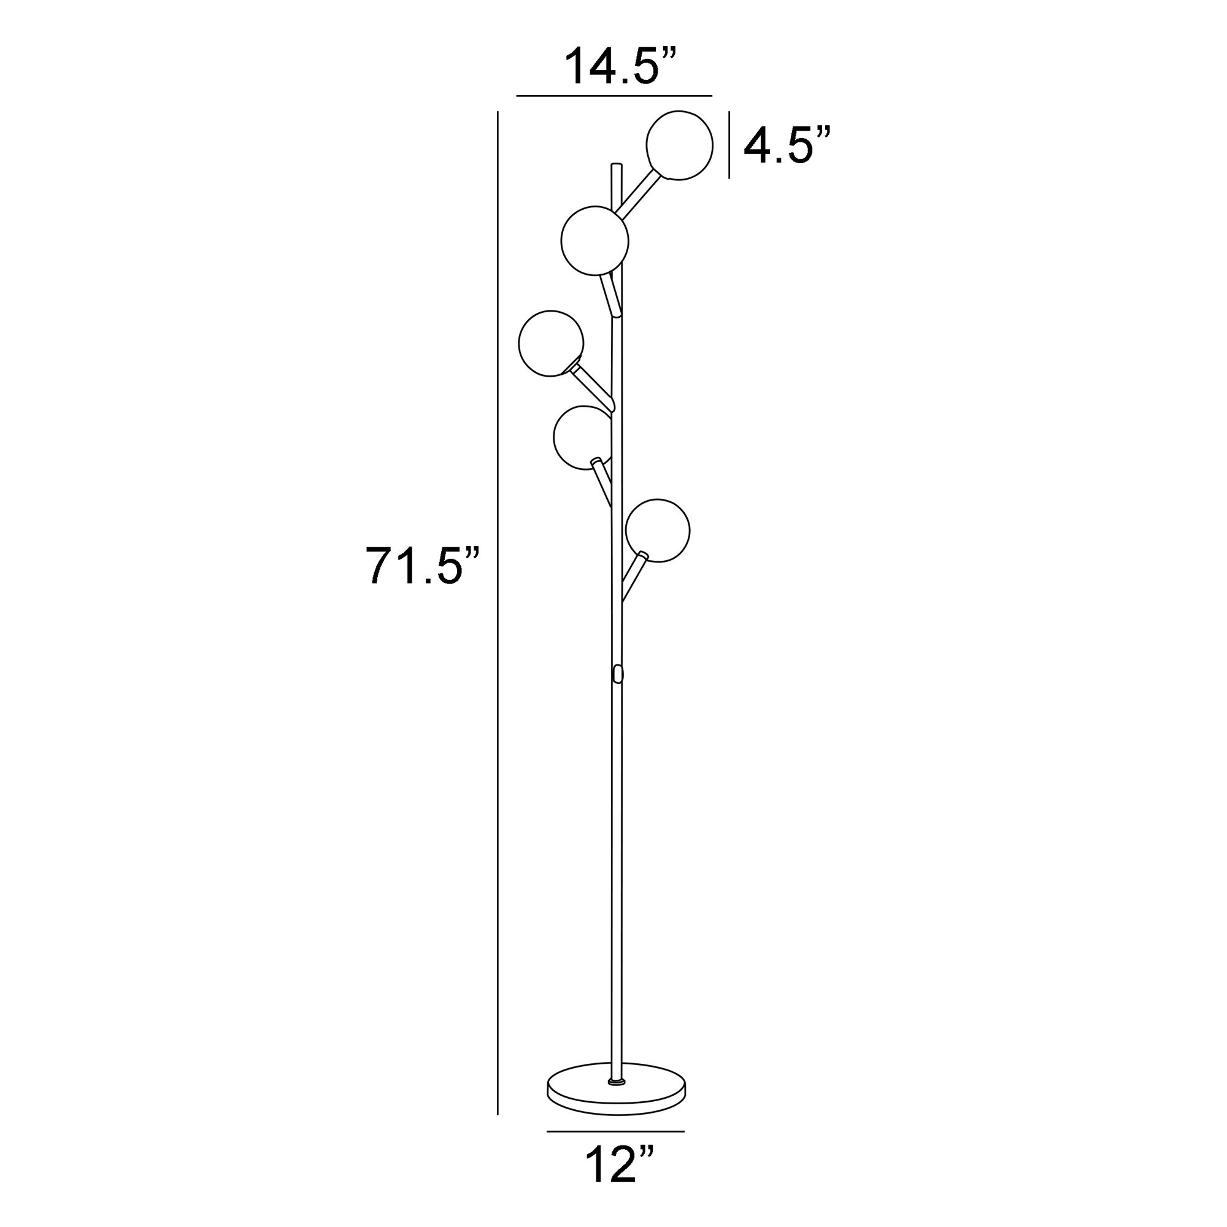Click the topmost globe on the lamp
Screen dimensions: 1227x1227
[x=679, y=145]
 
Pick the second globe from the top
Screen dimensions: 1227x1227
[x=594, y=240]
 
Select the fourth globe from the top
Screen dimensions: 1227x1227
[x=580, y=438]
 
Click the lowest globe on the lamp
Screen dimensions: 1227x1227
[x=657, y=530]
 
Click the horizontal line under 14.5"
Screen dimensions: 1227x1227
[x=613, y=96]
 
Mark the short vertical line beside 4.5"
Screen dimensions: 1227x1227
[x=728, y=145]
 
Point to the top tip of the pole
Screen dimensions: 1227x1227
[x=615, y=166]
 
